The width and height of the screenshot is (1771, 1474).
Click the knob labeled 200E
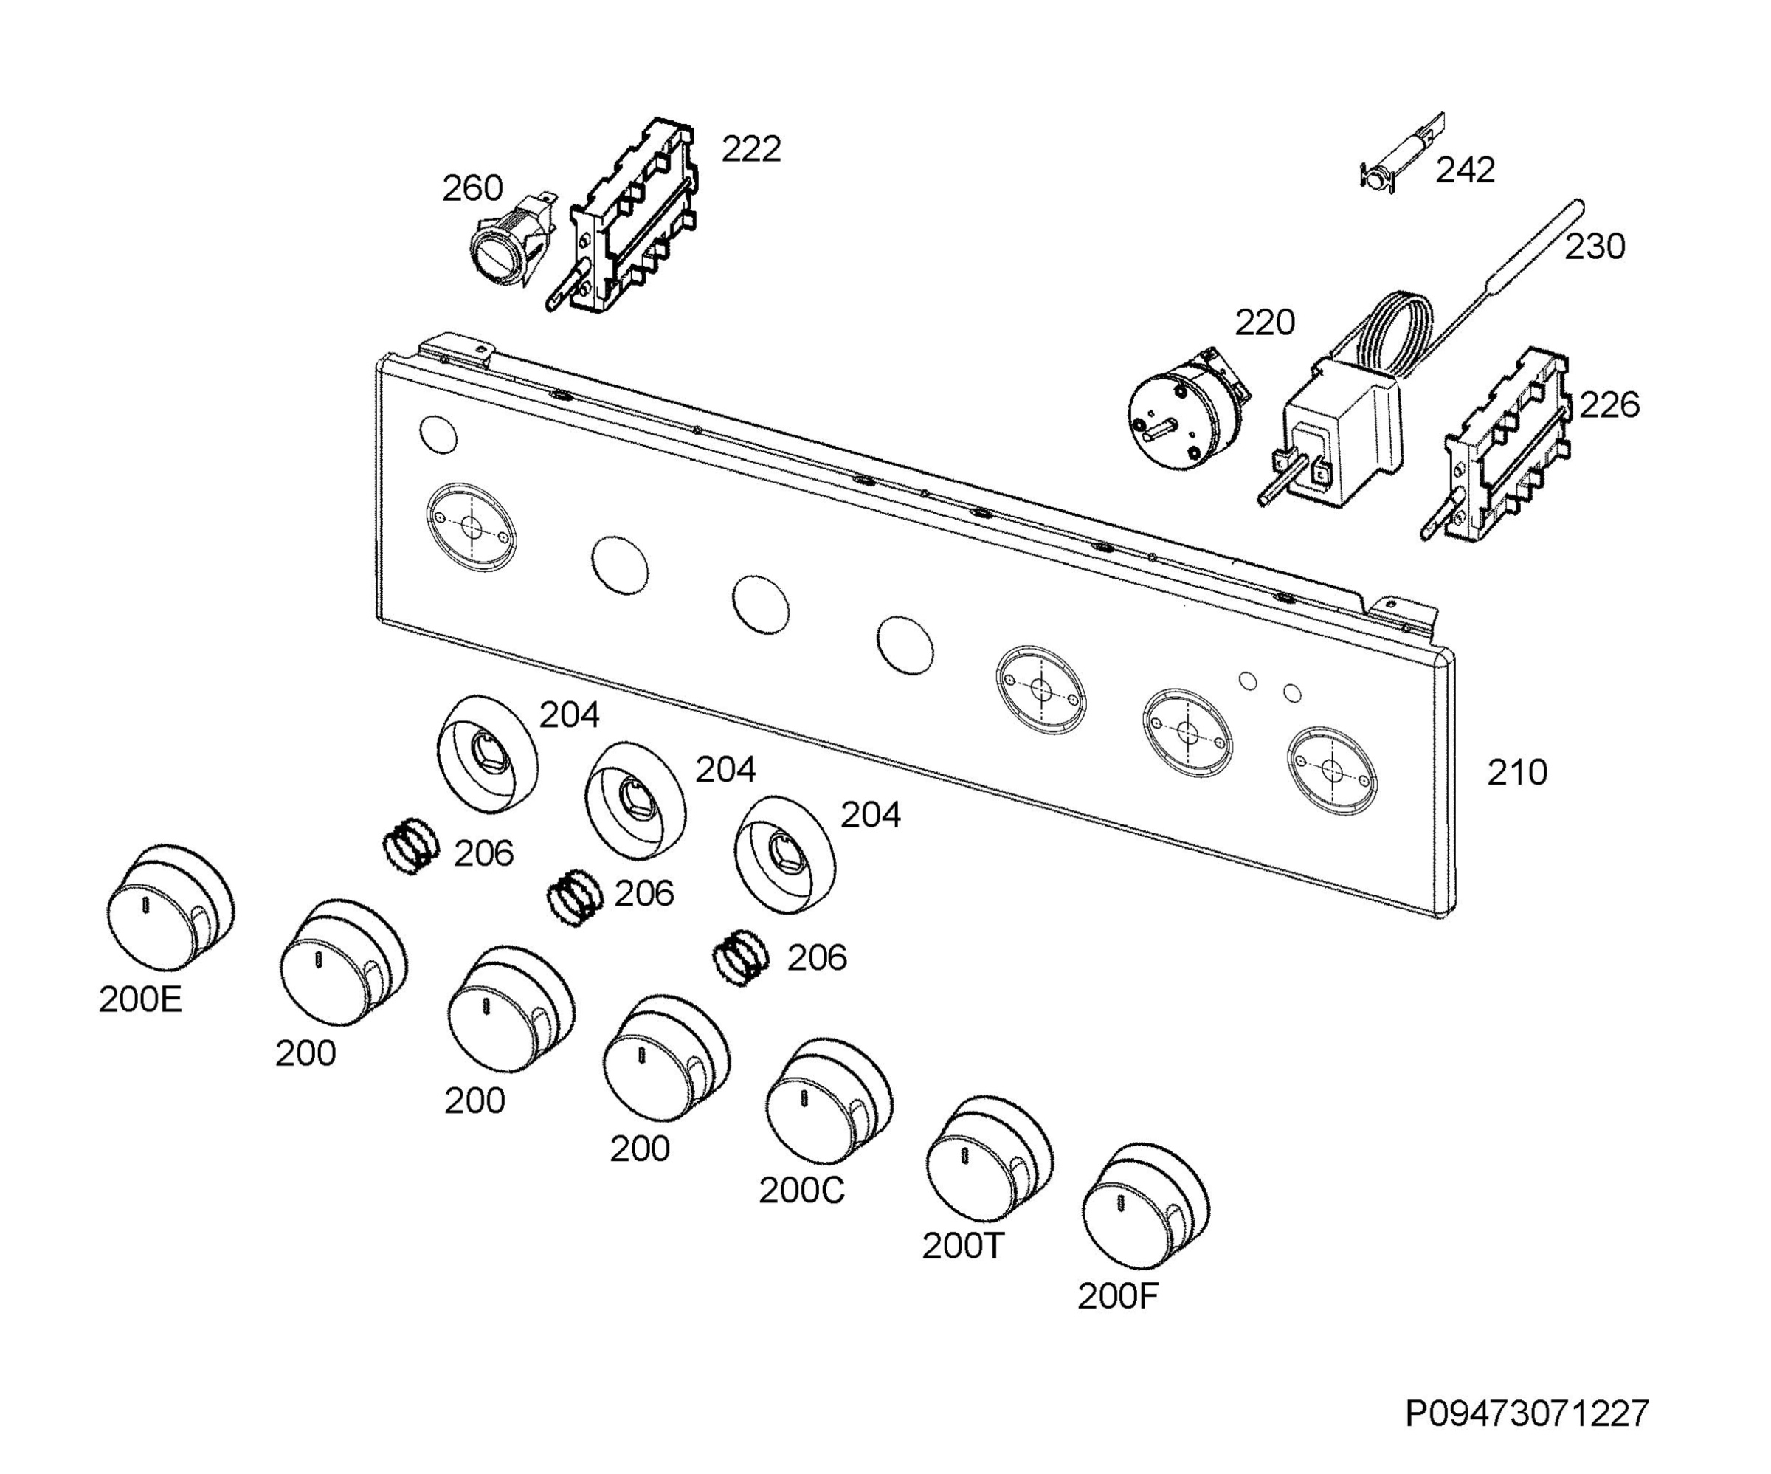pyautogui.click(x=171, y=908)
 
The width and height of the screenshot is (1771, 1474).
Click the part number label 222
pyautogui.click(x=751, y=149)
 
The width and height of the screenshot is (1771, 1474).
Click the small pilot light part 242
pyautogui.click(x=1401, y=152)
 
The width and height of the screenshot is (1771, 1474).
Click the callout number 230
pyautogui.click(x=1595, y=247)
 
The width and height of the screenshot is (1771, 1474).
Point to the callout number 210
pyautogui.click(x=1517, y=773)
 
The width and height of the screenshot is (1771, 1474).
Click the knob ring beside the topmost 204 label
pyautogui.click(x=488, y=754)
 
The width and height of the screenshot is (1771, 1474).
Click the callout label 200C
pyautogui.click(x=801, y=1191)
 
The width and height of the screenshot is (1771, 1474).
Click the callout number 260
pyautogui.click(x=472, y=188)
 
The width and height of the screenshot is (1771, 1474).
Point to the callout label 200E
pyautogui.click(x=140, y=1000)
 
